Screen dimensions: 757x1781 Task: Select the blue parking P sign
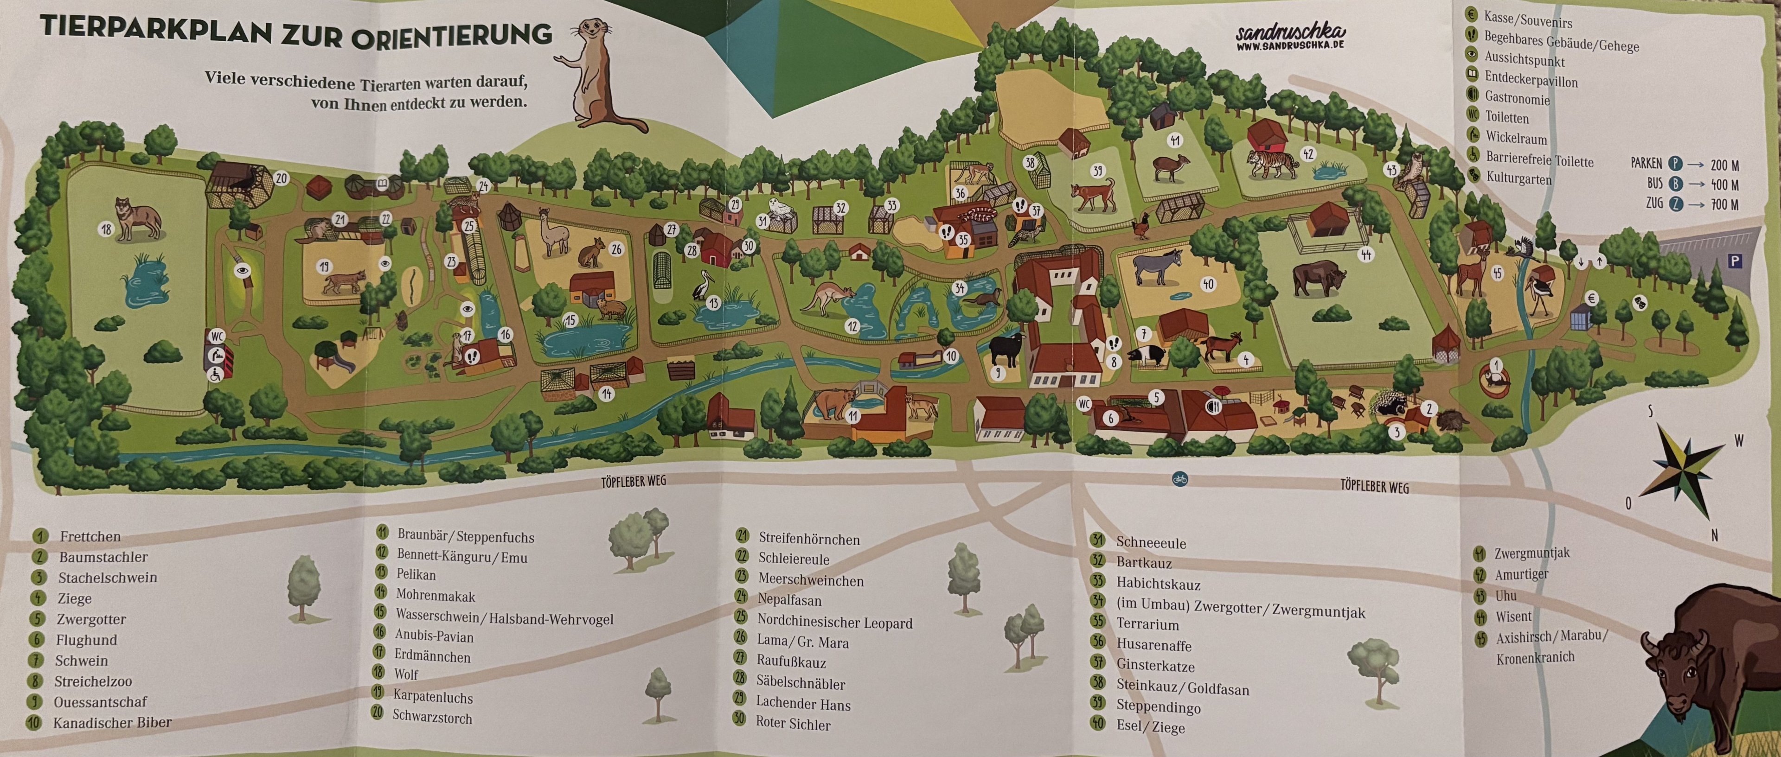(x=1734, y=261)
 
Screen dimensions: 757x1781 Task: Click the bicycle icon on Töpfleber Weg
(x=1180, y=478)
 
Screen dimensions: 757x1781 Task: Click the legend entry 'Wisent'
(x=1513, y=616)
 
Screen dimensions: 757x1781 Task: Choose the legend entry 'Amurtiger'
(x=1521, y=574)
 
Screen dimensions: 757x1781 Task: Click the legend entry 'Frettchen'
(x=90, y=536)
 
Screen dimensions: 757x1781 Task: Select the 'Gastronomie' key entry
(x=1517, y=99)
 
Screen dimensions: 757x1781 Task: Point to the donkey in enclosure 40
(x=1161, y=267)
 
